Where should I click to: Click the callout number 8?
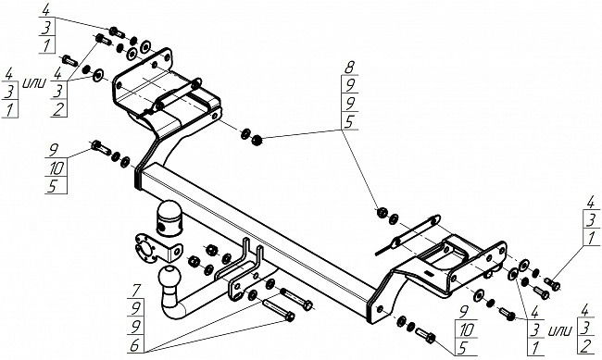[349, 68]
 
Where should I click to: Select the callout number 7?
[136, 290]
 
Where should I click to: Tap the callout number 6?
[134, 345]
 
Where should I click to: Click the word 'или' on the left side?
[34, 83]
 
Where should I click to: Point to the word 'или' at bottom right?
[560, 329]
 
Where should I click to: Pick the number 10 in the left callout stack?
[56, 168]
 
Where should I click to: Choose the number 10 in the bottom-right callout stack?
[467, 329]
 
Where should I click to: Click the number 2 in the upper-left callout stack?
[58, 110]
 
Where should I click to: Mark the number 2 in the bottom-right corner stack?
[586, 347]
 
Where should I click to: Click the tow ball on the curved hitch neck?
[169, 276]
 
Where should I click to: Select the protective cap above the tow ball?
[169, 218]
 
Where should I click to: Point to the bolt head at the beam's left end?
[101, 147]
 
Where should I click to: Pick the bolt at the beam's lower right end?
[425, 335]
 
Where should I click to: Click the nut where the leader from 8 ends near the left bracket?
[256, 141]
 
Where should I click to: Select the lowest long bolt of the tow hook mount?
[279, 310]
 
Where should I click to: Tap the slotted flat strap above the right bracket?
[408, 234]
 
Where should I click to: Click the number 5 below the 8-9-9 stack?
[349, 122]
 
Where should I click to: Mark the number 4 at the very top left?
[45, 10]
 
